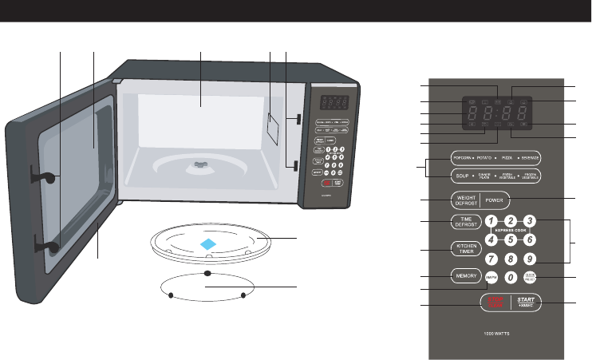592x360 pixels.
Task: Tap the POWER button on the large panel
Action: (x=516, y=199)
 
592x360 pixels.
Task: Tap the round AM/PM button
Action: (x=491, y=278)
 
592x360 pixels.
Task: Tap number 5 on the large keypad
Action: (x=511, y=239)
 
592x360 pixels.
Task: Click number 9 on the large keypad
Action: (x=528, y=258)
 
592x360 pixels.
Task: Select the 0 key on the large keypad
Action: (x=511, y=278)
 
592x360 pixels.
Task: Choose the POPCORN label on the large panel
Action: (x=464, y=156)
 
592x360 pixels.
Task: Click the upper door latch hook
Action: (x=46, y=177)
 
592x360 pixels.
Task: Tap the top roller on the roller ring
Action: (x=207, y=273)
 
